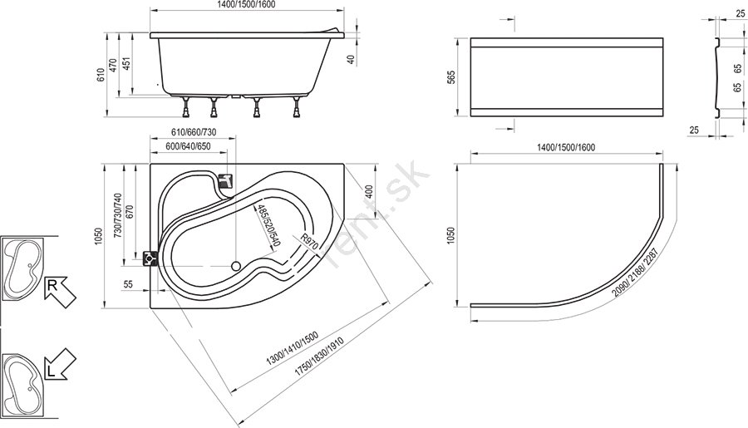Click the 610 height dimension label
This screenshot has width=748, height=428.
coord(101,75)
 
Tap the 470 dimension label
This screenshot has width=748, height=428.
coord(113,65)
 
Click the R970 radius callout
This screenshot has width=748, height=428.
coord(310,243)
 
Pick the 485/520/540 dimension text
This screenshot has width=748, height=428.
coord(267,224)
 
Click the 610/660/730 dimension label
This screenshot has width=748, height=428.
coord(194,132)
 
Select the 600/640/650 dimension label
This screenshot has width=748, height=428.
coord(188,146)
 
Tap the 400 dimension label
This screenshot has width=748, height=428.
coord(369,193)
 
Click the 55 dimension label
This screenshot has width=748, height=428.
coord(128,284)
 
